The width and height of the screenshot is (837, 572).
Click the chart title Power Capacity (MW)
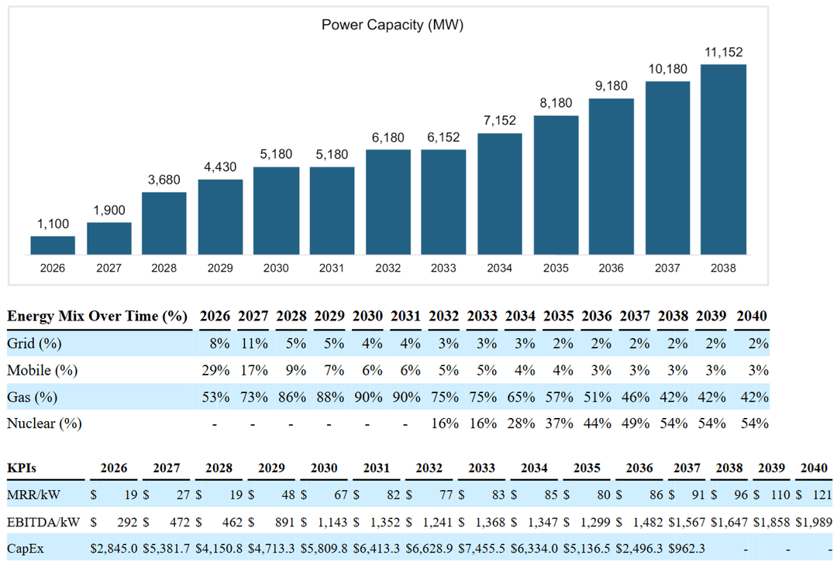392,25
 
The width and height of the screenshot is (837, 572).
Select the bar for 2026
53,245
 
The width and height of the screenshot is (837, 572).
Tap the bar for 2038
723,159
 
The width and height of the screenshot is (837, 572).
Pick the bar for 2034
500,194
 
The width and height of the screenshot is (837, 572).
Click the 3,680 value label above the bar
164,180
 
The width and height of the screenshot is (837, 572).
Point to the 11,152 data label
723,52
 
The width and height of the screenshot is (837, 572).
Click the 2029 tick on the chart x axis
220,268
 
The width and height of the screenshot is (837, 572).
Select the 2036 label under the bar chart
611,268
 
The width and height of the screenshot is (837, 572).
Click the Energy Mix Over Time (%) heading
98,316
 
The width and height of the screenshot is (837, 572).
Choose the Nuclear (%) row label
44,423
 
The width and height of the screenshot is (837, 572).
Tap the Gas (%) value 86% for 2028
291,397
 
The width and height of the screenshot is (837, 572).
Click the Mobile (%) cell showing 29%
215,370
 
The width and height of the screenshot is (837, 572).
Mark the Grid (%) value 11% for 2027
253,343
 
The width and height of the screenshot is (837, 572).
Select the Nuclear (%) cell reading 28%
520,423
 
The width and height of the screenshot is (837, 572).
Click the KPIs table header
23,468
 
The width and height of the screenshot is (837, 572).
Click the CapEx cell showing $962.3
692,549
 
